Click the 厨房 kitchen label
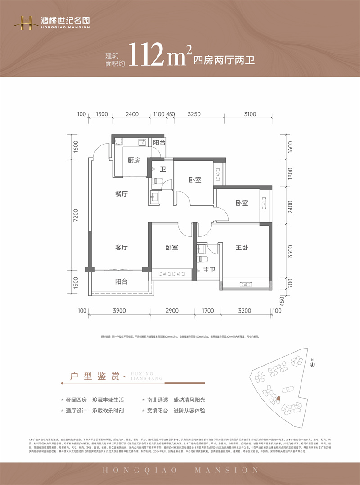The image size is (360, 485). tap(134, 160)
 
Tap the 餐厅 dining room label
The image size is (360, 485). tap(121, 194)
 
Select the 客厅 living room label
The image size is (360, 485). tap(121, 247)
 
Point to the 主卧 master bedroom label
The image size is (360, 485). tap(242, 247)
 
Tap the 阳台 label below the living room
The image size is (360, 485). tap(121, 281)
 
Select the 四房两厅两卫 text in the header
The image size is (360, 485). tap(224, 60)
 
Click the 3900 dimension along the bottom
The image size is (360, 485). tap(119, 311)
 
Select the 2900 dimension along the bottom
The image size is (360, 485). tap(172, 311)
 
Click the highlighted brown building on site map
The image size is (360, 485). tap(278, 398)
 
